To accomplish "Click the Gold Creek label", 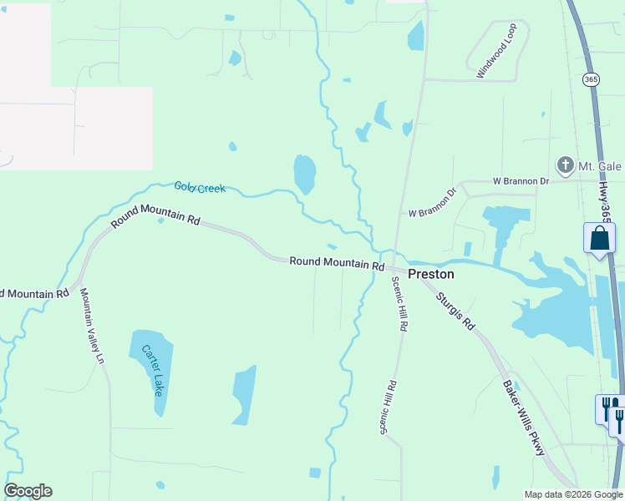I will click(200, 188).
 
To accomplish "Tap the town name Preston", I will click(431, 274).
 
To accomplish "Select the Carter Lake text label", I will click(152, 370).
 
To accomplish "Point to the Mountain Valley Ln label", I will click(92, 326).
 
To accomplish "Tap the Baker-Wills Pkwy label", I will click(524, 418).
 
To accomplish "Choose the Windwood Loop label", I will click(498, 51).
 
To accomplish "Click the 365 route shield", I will click(591, 79).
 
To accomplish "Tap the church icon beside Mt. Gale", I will click(566, 165).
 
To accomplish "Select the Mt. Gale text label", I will click(600, 166).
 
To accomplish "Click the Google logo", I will click(28, 491).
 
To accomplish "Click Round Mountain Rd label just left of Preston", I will click(337, 262).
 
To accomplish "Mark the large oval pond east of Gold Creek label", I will click(304, 174).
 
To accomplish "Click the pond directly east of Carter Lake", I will click(244, 394).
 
